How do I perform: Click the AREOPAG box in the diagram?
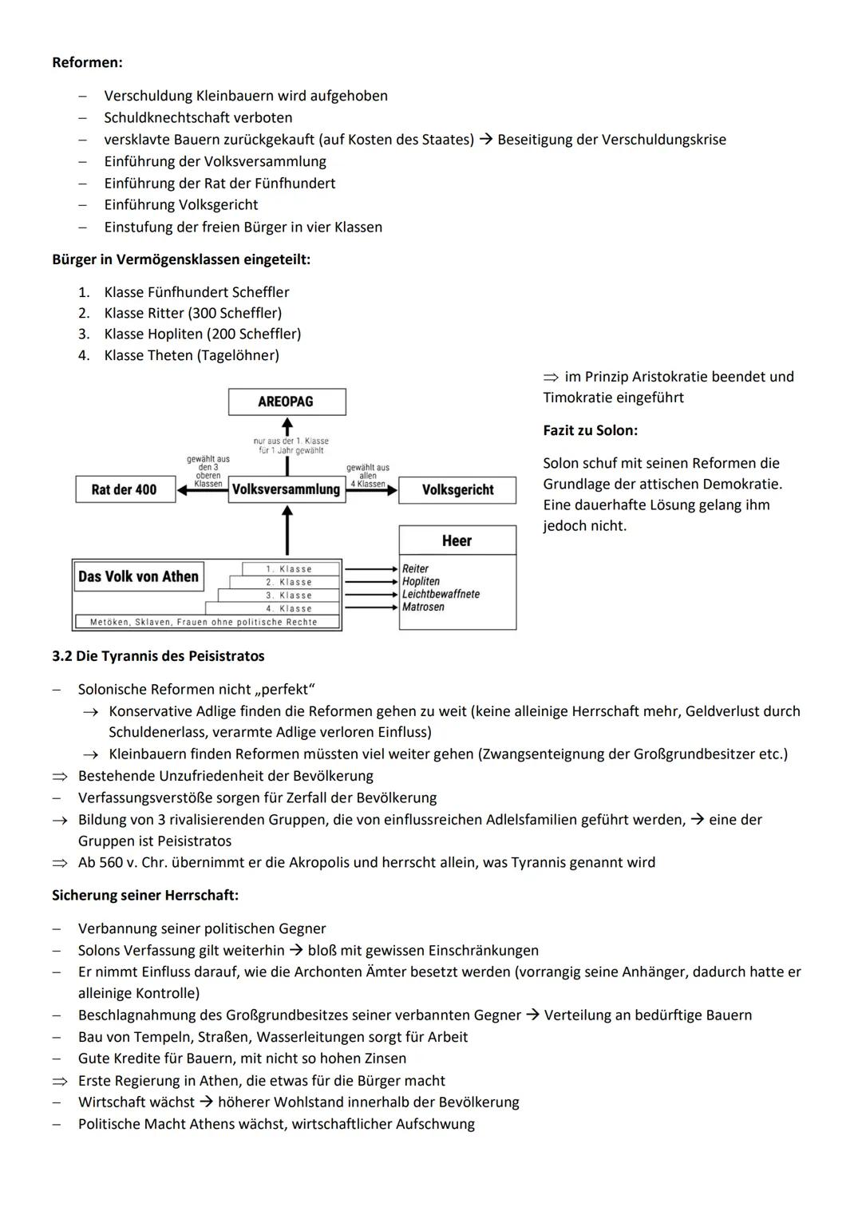point(287,402)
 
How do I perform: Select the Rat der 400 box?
point(125,489)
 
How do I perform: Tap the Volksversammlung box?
point(286,489)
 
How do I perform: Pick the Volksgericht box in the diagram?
point(457,489)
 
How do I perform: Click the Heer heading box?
point(457,540)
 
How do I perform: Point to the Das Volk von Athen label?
point(138,576)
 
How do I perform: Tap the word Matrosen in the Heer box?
point(423,607)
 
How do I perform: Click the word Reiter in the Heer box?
point(415,568)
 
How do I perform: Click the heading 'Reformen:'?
point(87,62)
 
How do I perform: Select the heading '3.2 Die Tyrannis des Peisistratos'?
point(158,656)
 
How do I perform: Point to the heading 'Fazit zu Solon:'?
point(590,430)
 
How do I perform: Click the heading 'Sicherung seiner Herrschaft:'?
point(145,895)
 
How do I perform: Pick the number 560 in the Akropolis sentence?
point(111,862)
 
